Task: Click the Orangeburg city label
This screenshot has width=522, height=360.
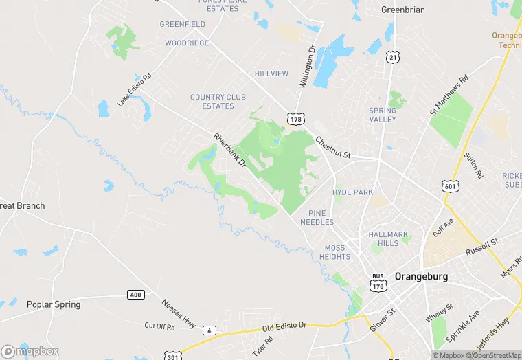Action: [x=421, y=276]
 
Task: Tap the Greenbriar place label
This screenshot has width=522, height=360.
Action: [x=402, y=10]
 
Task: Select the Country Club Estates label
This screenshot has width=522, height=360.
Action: [x=212, y=102]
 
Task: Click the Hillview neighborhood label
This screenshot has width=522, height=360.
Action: [x=271, y=73]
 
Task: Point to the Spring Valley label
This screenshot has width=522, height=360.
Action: [x=383, y=115]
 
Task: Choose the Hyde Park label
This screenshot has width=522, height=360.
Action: [x=352, y=192]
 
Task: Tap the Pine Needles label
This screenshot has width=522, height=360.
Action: [x=321, y=218]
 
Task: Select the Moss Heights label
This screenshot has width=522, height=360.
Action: [x=334, y=252]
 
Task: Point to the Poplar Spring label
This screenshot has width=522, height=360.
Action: [x=53, y=304]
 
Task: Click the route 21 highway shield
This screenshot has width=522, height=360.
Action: [x=392, y=58]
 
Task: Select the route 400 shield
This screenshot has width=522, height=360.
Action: [x=135, y=295]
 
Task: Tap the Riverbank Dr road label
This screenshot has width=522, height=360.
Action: [x=229, y=150]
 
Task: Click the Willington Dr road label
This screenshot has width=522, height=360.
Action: [x=306, y=66]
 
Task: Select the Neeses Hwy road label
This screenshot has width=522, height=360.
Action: [x=178, y=313]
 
